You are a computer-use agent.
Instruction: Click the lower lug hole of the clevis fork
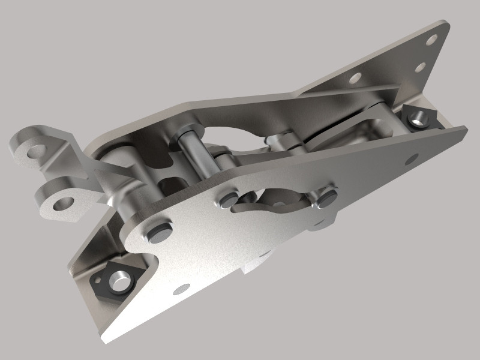click(61, 204)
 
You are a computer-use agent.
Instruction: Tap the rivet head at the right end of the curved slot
click(326, 197)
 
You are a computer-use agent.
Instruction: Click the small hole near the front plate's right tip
click(412, 158)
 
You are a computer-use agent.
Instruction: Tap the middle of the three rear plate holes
click(421, 67)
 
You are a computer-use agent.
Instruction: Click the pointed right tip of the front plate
click(464, 127)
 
